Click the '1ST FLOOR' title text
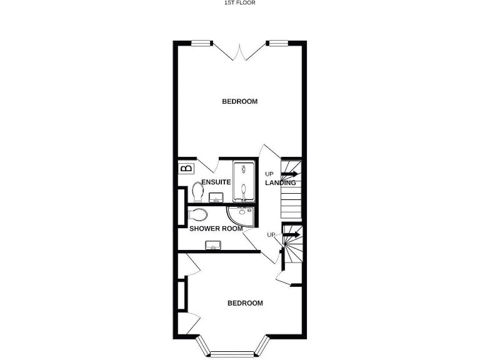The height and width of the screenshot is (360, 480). [x=240, y=2]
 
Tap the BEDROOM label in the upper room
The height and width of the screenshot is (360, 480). [x=240, y=101]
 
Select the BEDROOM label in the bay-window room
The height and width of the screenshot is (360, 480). [x=244, y=303]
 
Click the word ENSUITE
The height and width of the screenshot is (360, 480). [x=216, y=182]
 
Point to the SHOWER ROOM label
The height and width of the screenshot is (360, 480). [x=216, y=229]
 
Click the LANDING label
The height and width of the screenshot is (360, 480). [x=281, y=183]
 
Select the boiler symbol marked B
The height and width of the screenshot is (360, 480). [x=186, y=168]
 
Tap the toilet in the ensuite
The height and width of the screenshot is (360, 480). [x=198, y=190]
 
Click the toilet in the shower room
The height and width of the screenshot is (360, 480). [x=198, y=216]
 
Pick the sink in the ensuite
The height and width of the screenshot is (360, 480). [x=216, y=198]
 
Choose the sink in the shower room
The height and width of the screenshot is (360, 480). [x=214, y=245]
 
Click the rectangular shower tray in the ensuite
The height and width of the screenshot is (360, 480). [x=244, y=181]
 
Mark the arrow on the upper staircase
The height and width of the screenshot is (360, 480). [x=290, y=174]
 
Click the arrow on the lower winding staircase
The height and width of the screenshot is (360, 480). [x=291, y=235]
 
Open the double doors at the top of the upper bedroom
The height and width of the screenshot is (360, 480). [x=240, y=51]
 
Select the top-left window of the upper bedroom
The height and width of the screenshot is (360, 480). [x=200, y=43]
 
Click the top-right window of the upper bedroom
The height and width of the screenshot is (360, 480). [x=277, y=43]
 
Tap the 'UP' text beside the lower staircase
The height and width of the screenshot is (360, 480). [x=271, y=234]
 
